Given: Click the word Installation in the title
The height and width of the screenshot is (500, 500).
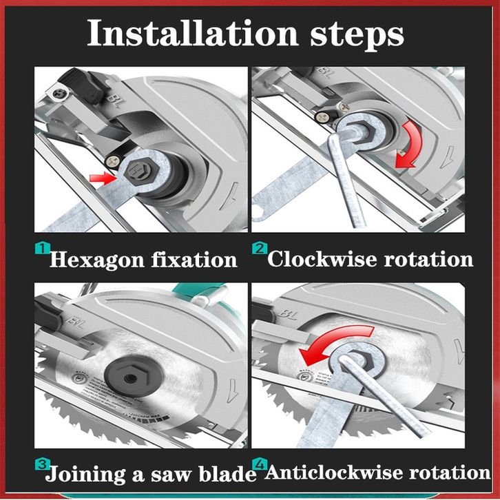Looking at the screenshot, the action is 193,33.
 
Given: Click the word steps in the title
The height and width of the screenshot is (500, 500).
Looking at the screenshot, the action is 357,36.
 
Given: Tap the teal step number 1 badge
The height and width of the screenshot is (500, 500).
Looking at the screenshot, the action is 43,248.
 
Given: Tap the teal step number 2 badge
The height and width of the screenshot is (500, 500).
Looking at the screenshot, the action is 260,248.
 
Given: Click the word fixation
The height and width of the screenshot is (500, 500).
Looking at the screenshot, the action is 194,259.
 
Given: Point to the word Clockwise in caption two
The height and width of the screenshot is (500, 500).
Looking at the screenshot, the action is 322,258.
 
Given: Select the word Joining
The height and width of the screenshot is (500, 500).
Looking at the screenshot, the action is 85,475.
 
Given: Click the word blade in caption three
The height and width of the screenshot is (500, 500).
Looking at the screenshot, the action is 228,473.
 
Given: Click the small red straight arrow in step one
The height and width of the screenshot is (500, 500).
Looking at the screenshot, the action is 103,178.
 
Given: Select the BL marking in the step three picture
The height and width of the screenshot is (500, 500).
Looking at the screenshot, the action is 75,323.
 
